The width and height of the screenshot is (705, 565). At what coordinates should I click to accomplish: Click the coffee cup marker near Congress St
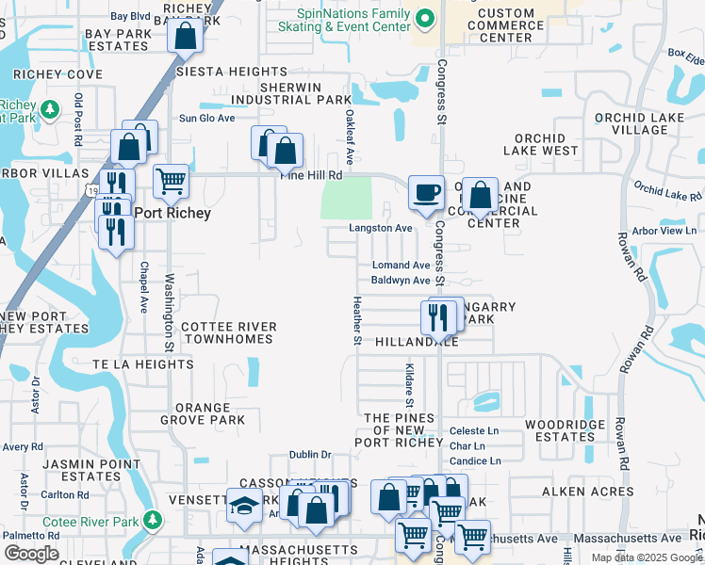point(426,192)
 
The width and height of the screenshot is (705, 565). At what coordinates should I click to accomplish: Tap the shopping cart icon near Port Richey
point(171,180)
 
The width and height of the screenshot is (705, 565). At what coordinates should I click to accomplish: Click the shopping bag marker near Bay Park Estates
point(187,38)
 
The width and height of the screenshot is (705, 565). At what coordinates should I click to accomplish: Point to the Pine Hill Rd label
point(310,174)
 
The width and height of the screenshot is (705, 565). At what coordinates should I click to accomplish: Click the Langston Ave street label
point(381,228)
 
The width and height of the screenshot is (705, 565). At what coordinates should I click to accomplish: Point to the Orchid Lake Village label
point(631,124)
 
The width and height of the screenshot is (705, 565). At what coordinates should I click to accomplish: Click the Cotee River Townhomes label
point(229,332)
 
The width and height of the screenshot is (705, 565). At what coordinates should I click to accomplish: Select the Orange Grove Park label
point(209,413)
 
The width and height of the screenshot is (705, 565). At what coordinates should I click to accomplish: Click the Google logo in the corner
point(31,554)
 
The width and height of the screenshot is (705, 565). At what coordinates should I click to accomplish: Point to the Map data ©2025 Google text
point(646,557)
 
